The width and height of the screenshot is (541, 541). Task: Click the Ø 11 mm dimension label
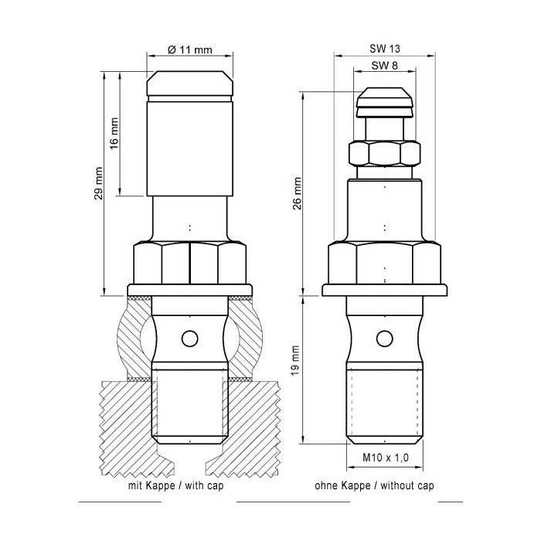click(190, 49)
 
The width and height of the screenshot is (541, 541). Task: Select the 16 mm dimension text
click(114, 133)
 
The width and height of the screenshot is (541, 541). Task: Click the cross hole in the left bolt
click(188, 338)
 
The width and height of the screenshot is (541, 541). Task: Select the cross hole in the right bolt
click(384, 338)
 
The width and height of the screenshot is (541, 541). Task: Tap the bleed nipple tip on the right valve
click(384, 102)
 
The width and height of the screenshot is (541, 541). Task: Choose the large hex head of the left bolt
click(189, 263)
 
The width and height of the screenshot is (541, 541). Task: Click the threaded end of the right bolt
click(384, 406)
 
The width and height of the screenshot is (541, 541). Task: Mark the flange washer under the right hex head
click(384, 291)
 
